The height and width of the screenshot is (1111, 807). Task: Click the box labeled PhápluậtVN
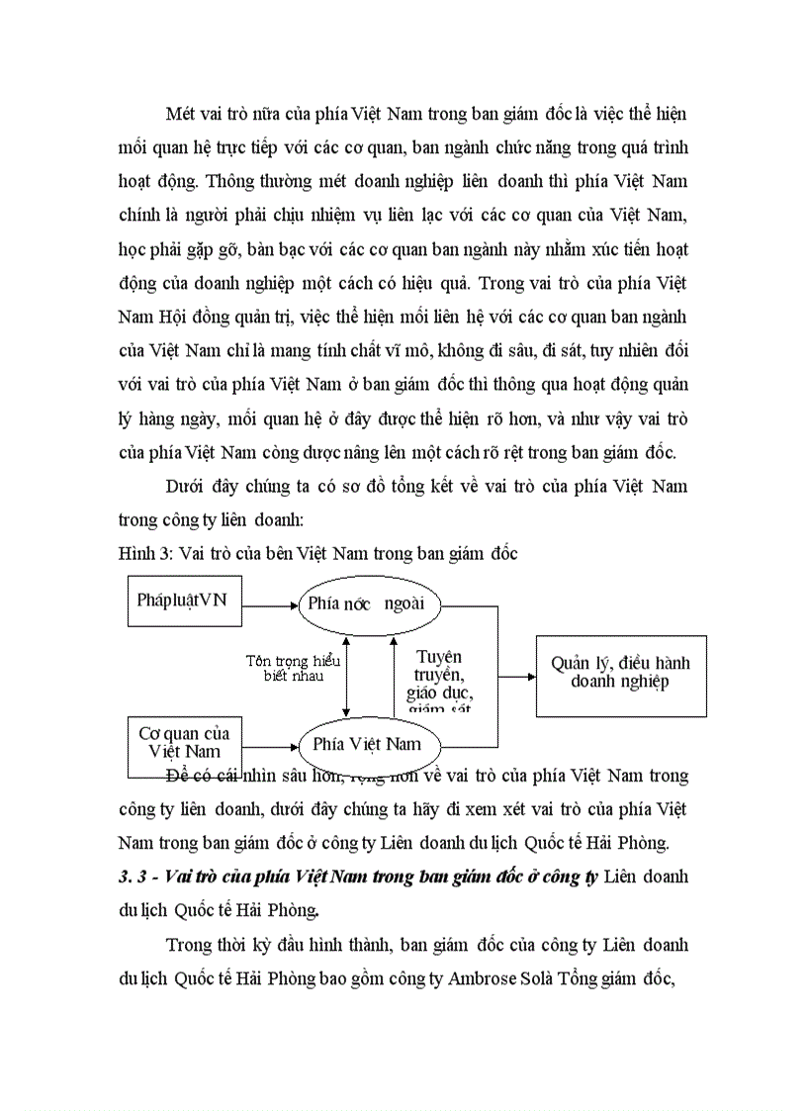(x=185, y=602)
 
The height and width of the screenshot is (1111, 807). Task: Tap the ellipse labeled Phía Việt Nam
(x=365, y=743)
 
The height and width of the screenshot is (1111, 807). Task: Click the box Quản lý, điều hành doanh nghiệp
(x=620, y=674)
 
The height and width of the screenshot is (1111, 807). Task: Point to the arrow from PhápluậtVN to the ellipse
(x=271, y=603)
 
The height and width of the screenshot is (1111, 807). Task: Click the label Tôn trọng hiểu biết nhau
(x=293, y=669)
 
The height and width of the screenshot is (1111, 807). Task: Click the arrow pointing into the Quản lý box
(x=515, y=677)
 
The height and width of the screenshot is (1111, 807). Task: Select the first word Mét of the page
(x=182, y=114)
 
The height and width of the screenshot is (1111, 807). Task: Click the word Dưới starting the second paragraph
(x=187, y=487)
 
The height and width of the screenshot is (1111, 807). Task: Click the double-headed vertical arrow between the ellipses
(x=346, y=677)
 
